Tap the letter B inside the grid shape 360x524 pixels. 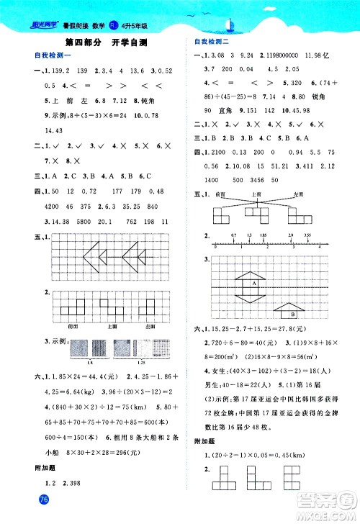(293, 313)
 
